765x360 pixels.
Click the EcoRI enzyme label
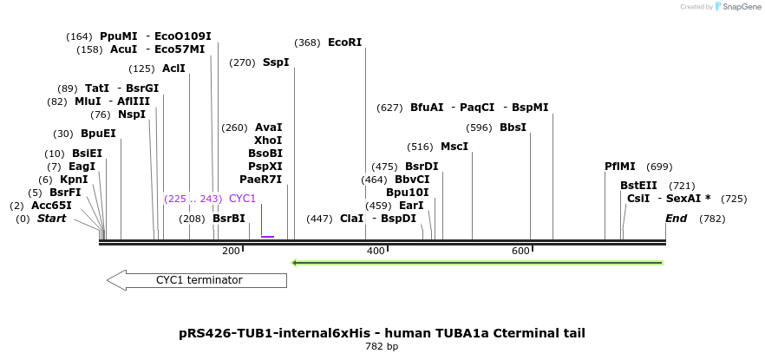pyautogui.click(x=344, y=43)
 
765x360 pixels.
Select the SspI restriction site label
pyautogui.click(x=276, y=62)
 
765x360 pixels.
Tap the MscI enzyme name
pyautogui.click(x=454, y=147)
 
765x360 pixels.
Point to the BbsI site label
pyautogui.click(x=513, y=128)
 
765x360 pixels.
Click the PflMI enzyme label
pyautogui.click(x=620, y=167)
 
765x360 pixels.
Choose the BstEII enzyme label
pyautogui.click(x=638, y=186)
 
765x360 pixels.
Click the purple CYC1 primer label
pyautogui.click(x=243, y=199)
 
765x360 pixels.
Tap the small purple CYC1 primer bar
pyautogui.click(x=267, y=236)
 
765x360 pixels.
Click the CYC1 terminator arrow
pyautogui.click(x=197, y=280)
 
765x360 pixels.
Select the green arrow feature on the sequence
pyautogui.click(x=477, y=262)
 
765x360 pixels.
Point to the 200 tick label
pyautogui.click(x=231, y=252)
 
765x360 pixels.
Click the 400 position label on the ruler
pyautogui.click(x=376, y=252)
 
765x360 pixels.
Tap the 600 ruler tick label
pyautogui.click(x=520, y=252)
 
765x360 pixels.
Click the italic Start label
pyautogui.click(x=51, y=219)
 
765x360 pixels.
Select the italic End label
pyautogui.click(x=676, y=219)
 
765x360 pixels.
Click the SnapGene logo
pyautogui.click(x=737, y=7)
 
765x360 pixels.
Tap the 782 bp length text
pyautogui.click(x=382, y=347)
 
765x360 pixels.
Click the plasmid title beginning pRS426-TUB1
pyautogui.click(x=382, y=333)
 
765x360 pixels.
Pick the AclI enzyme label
pyautogui.click(x=173, y=69)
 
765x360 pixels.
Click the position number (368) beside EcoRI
pyautogui.click(x=307, y=43)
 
